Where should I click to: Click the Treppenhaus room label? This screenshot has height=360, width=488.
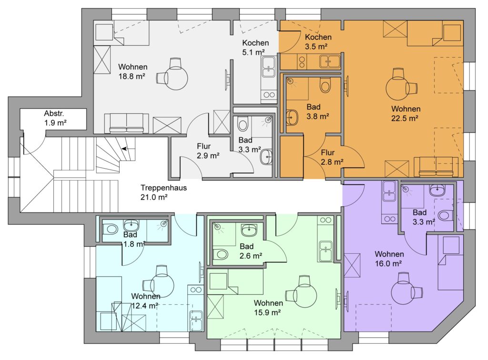[x=163, y=192]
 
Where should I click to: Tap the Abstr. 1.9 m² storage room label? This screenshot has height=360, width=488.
[x=55, y=118]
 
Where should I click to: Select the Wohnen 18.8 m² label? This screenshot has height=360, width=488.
[x=132, y=71]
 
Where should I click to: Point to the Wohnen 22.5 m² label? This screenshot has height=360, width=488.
[x=406, y=113]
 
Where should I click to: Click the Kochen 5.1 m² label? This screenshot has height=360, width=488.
[x=255, y=48]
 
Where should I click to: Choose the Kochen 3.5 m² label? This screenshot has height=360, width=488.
[x=318, y=41]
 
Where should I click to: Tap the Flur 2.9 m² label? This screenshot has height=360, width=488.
[x=208, y=151]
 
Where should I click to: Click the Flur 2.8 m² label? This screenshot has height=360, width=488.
[x=332, y=157]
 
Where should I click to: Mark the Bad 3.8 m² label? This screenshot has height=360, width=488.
[x=317, y=111]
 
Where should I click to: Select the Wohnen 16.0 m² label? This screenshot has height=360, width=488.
[x=389, y=259]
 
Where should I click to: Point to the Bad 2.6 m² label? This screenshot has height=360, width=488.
[x=251, y=251]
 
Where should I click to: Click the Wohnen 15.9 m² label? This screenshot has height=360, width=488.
[x=268, y=308]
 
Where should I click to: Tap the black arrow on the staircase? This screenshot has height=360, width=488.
[x=124, y=149]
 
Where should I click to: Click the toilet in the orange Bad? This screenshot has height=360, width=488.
[x=325, y=85]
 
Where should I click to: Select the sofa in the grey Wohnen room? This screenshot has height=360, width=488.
[x=126, y=123]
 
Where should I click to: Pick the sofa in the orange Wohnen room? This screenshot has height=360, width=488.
[x=436, y=167]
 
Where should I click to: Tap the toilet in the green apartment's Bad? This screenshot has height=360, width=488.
[x=221, y=254]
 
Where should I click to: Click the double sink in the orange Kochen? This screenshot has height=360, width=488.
[x=330, y=61]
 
